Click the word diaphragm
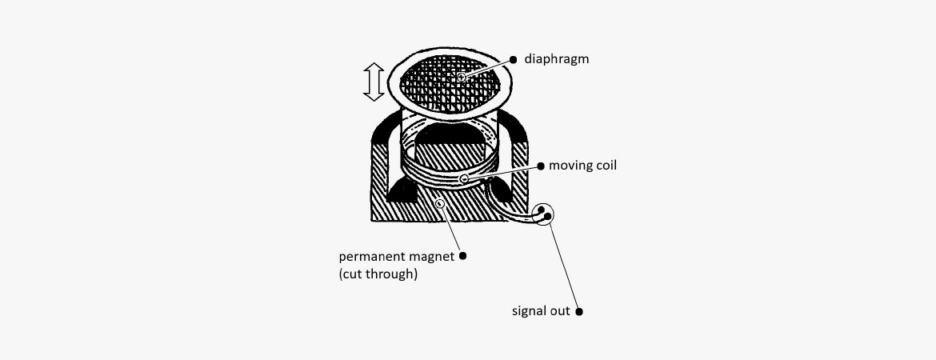[x=556, y=59]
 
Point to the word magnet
[x=432, y=258]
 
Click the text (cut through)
[x=378, y=274]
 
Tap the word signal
[x=528, y=312]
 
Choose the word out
[x=560, y=312]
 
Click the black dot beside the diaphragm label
[x=514, y=60]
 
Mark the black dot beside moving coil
[x=541, y=166]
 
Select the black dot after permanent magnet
[x=462, y=256]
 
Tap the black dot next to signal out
[x=579, y=312]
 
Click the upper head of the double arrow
[x=374, y=69]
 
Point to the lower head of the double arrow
[x=374, y=95]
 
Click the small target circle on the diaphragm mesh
[x=462, y=78]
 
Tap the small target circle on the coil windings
[x=465, y=178]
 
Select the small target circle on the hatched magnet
[x=440, y=204]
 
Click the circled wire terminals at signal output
[x=544, y=214]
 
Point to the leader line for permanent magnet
[x=451, y=230]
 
